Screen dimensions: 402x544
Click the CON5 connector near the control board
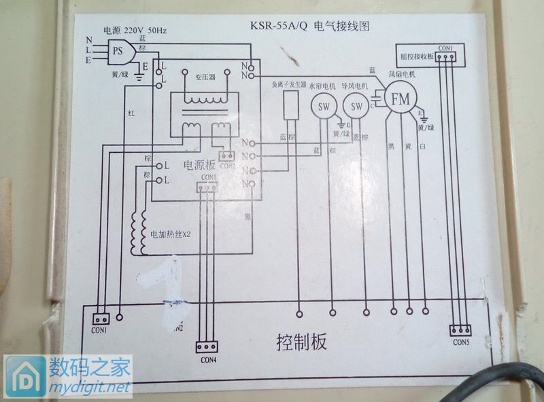(x=460, y=331)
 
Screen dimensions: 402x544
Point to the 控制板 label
(x=301, y=342)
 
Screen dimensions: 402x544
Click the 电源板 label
(x=199, y=165)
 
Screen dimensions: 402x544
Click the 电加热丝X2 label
(x=171, y=234)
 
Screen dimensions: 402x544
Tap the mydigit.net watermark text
(x=88, y=388)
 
